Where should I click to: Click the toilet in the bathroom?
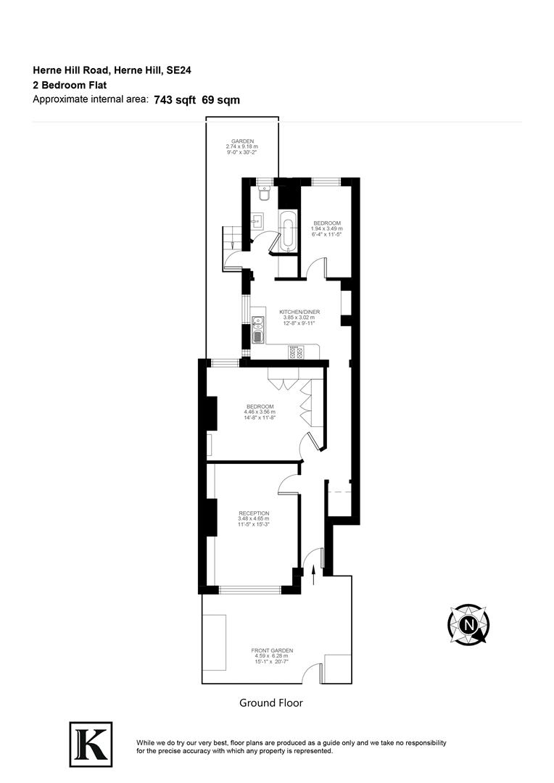[265, 194]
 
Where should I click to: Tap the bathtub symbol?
[288, 231]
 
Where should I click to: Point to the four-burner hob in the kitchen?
[296, 352]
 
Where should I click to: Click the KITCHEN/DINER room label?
[299, 312]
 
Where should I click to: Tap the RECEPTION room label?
[253, 513]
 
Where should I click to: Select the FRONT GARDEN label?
[272, 650]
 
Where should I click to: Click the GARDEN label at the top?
[242, 141]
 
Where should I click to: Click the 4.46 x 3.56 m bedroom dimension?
[260, 412]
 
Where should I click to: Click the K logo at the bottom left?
[91, 744]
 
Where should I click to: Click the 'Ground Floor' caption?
[270, 703]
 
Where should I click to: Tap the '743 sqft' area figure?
[175, 101]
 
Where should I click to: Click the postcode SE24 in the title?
[179, 70]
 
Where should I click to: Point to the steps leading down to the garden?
[231, 237]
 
